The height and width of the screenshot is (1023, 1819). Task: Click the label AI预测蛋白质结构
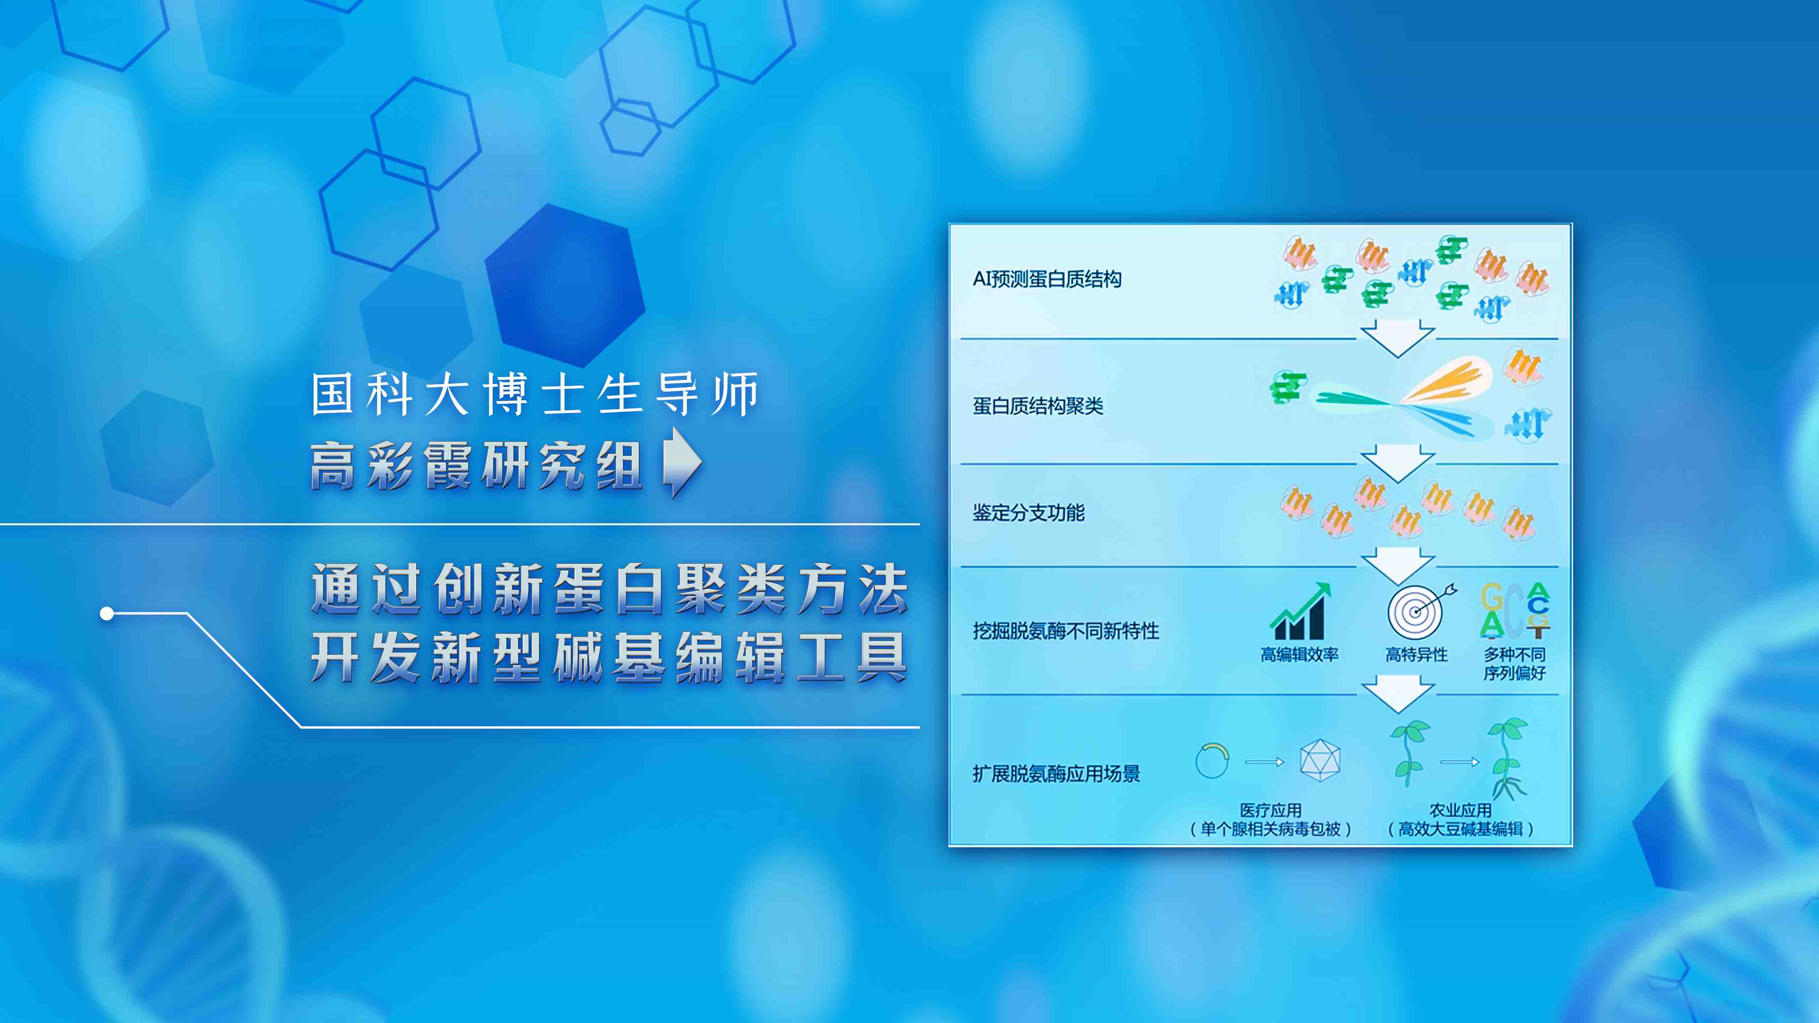[x=1046, y=279]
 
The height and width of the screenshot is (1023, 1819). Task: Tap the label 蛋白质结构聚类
[x=1037, y=406]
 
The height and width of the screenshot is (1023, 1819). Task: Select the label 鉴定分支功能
[x=1028, y=512]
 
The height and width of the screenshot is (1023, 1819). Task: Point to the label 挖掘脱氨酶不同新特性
[x=1065, y=630]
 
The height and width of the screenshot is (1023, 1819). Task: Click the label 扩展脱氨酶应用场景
[x=1056, y=774]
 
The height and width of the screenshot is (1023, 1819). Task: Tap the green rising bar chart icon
[x=1299, y=611]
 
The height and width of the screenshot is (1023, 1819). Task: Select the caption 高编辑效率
[x=1299, y=655]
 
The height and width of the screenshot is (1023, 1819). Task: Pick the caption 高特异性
[x=1416, y=655]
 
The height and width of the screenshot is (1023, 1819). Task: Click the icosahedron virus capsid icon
[x=1320, y=760]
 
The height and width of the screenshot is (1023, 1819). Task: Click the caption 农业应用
[x=1460, y=810]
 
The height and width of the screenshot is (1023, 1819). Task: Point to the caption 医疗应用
[x=1270, y=810]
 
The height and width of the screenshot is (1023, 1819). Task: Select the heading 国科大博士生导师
[x=534, y=394]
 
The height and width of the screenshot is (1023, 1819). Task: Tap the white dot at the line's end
[x=107, y=613]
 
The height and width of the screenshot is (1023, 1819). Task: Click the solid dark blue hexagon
[x=565, y=285]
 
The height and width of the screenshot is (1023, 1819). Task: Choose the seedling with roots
[x=1508, y=758]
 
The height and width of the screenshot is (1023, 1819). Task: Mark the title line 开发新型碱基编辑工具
[x=609, y=657]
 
